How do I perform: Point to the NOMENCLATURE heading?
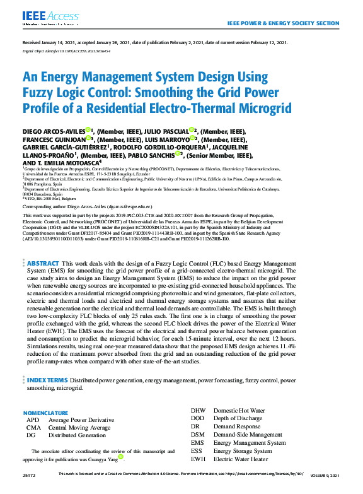[x=45, y=413]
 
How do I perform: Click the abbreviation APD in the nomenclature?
[x=32, y=420]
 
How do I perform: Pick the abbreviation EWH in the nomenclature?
[x=197, y=459]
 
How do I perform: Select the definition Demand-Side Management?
[x=248, y=435]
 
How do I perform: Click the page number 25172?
[x=29, y=473]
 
